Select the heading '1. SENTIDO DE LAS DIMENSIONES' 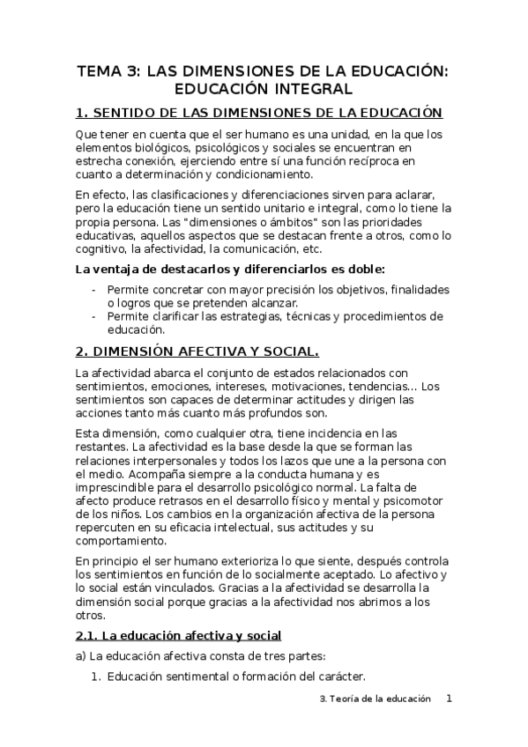coord(258,114)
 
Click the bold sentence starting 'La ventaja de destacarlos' coord(231,270)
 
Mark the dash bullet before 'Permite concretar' coord(95,290)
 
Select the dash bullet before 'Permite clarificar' coord(95,316)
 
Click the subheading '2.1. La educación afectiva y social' coord(179,634)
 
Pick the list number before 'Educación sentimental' coord(98,677)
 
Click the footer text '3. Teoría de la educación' coord(375,699)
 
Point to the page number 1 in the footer coord(449,698)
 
